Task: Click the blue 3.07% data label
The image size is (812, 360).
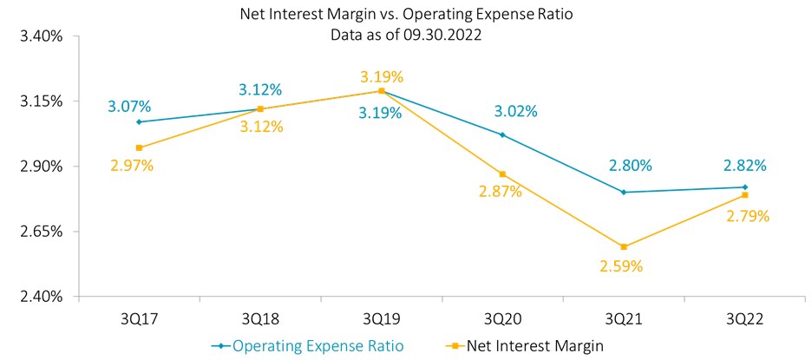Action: (129, 107)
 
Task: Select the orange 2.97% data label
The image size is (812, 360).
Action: (132, 165)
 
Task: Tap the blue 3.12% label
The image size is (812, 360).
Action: (260, 89)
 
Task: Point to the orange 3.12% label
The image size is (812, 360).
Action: (262, 127)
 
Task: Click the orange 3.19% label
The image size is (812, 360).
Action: (382, 76)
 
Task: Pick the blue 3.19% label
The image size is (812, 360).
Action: (380, 113)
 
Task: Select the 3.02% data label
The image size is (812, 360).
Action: (515, 111)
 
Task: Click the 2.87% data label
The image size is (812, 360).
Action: (501, 192)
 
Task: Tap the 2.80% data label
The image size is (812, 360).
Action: (631, 166)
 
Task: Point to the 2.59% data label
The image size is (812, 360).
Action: (621, 266)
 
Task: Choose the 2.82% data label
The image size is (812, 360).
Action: (744, 166)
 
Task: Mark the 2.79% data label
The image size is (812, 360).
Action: (748, 216)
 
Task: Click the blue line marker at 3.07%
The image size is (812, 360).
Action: (139, 121)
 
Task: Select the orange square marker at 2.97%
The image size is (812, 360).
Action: (139, 147)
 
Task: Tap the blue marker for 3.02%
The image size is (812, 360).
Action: (502, 134)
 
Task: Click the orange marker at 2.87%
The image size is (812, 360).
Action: (502, 174)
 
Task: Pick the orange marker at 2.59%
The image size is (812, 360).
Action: (624, 247)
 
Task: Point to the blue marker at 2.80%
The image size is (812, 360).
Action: (624, 192)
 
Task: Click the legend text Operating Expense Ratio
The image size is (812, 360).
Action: (318, 346)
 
